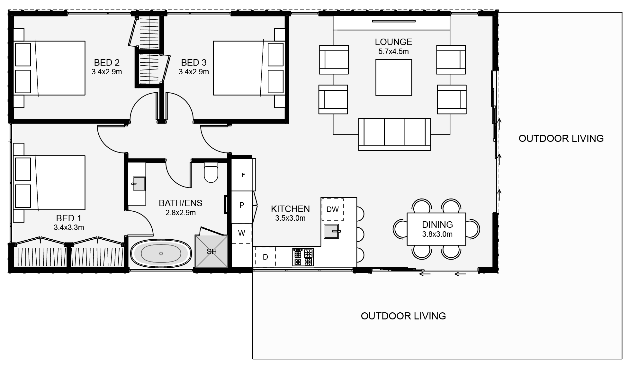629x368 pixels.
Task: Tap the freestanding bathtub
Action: pos(161,253)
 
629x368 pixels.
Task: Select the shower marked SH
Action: pos(211,251)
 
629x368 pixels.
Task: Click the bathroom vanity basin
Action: pos(139,184)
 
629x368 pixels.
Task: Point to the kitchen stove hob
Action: pos(303,257)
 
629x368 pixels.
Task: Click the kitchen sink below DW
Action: pos(331,231)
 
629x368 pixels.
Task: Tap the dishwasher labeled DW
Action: pos(333,209)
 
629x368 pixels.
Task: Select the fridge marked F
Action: pos(243,175)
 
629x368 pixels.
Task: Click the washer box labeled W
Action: pos(242,233)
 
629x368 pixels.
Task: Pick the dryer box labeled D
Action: pos(265,257)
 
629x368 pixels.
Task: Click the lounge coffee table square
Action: pos(394,77)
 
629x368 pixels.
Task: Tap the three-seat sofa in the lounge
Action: pos(394,134)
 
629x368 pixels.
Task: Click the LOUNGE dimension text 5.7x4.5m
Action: pos(394,51)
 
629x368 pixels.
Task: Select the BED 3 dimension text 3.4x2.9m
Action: pos(194,72)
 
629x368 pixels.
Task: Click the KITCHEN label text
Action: pos(291,209)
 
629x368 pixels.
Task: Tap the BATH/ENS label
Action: pos(181,203)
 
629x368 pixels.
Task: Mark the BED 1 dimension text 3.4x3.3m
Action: pos(69,228)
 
